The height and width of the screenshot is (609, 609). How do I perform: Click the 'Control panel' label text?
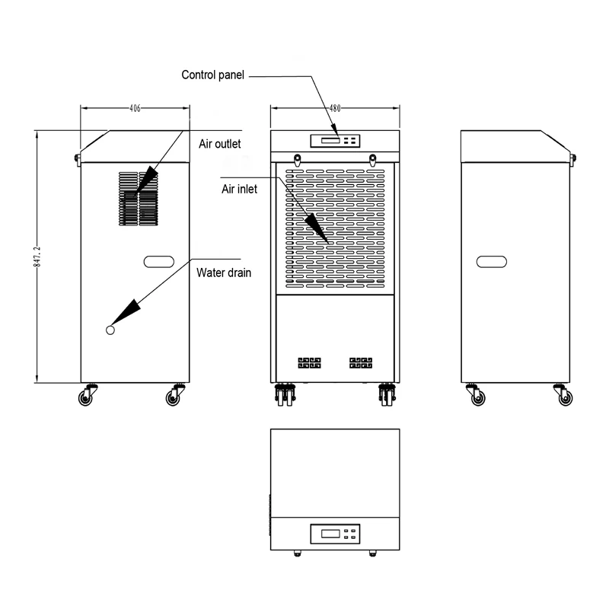coord(212,75)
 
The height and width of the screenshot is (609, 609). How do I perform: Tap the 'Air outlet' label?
coord(220,143)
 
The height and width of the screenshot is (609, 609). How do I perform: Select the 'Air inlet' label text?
coord(239,189)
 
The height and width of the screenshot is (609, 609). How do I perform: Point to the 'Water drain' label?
coord(224,272)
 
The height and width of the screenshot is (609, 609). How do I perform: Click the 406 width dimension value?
coord(134,109)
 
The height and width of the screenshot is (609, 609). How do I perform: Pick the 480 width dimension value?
coord(335,109)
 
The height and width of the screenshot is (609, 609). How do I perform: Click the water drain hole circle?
coord(110,330)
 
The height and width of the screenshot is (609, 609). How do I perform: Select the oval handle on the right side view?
coord(492,262)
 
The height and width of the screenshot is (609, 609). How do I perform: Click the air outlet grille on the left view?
coord(138,198)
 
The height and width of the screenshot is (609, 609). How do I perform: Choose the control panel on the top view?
coord(335,533)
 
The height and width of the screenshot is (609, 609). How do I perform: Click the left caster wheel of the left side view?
coord(85,397)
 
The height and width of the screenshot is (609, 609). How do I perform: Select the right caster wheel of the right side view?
coord(565,397)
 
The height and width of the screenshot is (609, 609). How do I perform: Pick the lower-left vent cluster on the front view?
coord(309,362)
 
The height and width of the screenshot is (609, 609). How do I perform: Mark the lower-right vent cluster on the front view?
coord(360,362)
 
